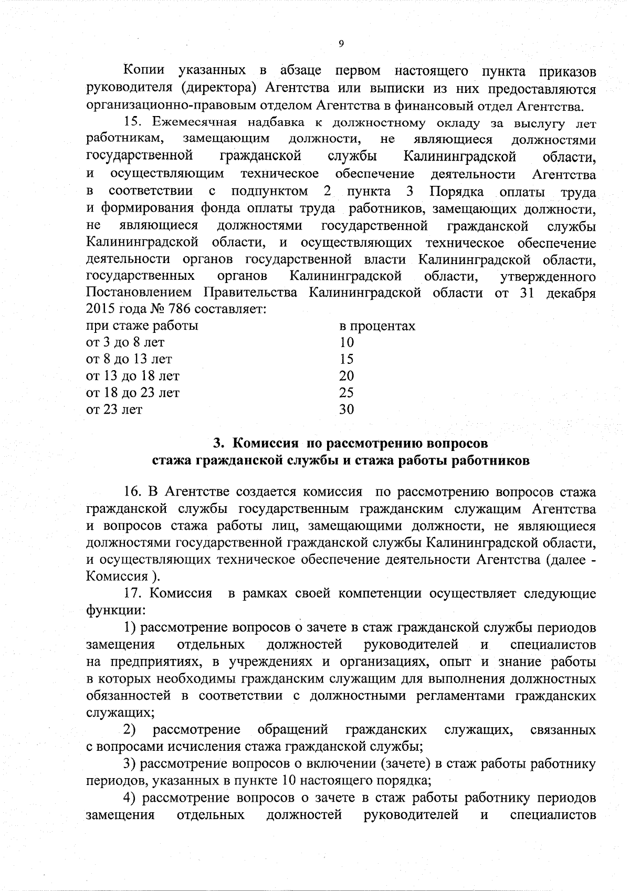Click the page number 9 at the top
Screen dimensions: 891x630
tap(341, 44)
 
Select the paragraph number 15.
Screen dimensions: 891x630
tap(133, 123)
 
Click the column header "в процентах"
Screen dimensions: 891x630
tap(377, 326)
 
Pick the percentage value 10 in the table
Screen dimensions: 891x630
tap(346, 343)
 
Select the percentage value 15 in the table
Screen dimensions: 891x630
tap(346, 360)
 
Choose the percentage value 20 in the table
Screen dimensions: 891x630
tap(346, 376)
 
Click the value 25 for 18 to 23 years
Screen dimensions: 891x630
tap(346, 393)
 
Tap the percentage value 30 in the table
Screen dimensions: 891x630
tap(346, 410)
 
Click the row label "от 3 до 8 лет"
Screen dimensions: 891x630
tap(125, 343)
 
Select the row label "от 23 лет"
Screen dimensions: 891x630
tap(114, 410)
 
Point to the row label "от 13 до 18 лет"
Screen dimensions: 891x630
tap(132, 376)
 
